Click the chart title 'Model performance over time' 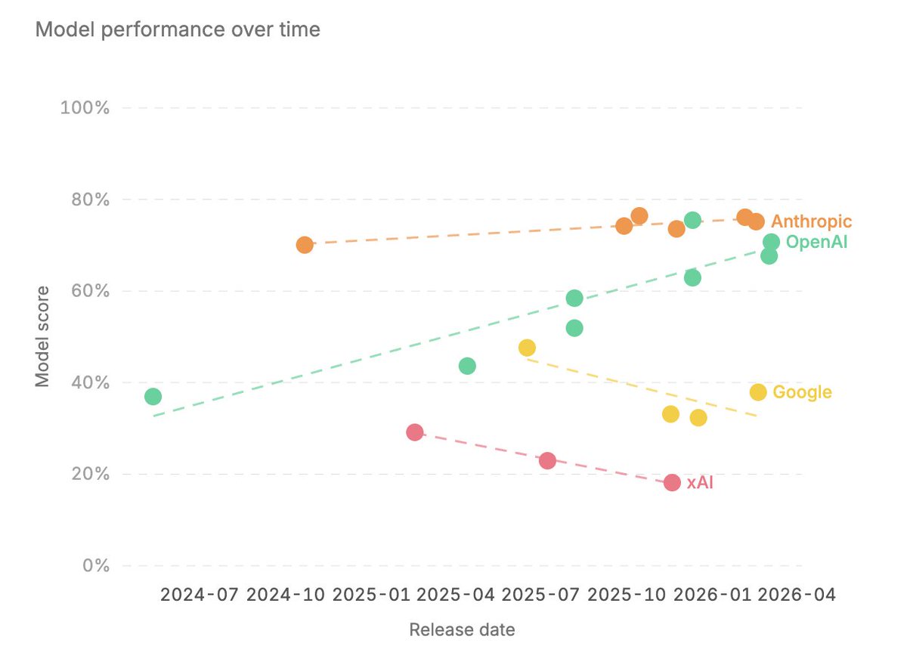(178, 29)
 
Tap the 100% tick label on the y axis (85, 108)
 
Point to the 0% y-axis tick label (96, 565)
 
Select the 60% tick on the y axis (90, 291)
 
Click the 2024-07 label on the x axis (200, 595)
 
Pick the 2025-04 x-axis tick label (456, 595)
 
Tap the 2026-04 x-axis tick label (797, 595)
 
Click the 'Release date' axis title (462, 630)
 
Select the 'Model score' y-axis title (42, 336)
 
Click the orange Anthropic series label (812, 221)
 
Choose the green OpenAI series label (817, 242)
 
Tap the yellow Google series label (802, 392)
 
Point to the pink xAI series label (700, 483)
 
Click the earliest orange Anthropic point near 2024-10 (305, 245)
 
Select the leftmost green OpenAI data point (153, 397)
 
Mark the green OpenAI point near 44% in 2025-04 (467, 366)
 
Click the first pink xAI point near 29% (415, 432)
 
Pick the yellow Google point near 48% (527, 348)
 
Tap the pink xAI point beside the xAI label (672, 483)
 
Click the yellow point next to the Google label (758, 392)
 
